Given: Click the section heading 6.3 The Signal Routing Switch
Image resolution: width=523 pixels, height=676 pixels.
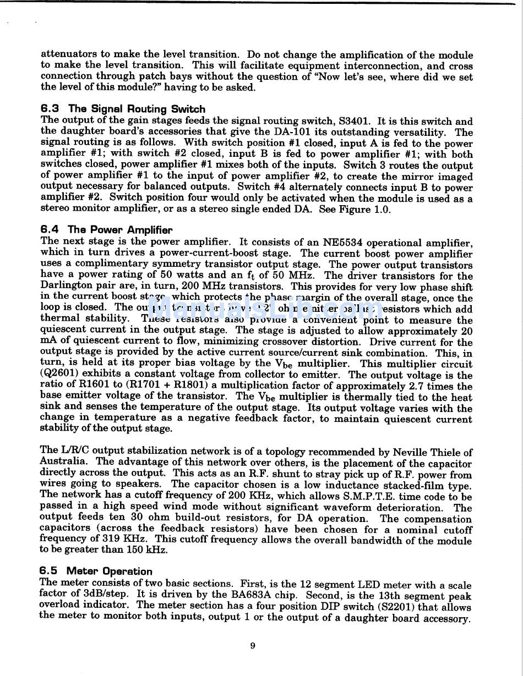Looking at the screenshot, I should (x=123, y=109).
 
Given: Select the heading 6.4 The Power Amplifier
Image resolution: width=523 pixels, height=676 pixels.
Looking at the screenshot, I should (x=106, y=230).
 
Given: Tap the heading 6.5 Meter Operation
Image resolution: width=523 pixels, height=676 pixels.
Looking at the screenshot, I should (x=96, y=571).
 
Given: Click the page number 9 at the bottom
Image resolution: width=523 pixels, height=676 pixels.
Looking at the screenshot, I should (x=253, y=646).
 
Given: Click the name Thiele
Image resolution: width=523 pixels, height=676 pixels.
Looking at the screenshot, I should (x=443, y=453).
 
